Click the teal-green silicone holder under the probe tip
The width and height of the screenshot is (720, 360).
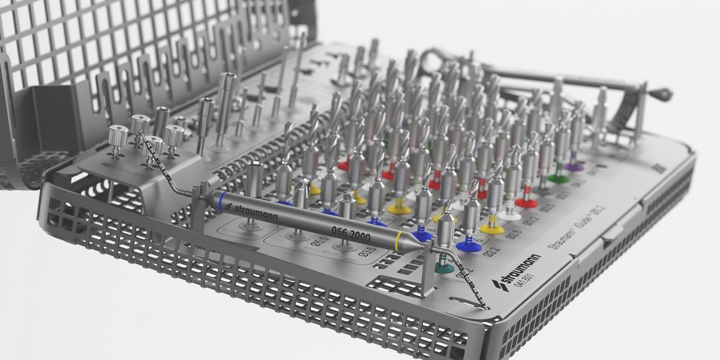(x=444, y=268)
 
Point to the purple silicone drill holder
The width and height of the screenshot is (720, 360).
(x=574, y=167)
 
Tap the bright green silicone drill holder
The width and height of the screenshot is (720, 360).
(x=558, y=178)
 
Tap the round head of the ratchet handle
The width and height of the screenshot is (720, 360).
(x=663, y=94)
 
